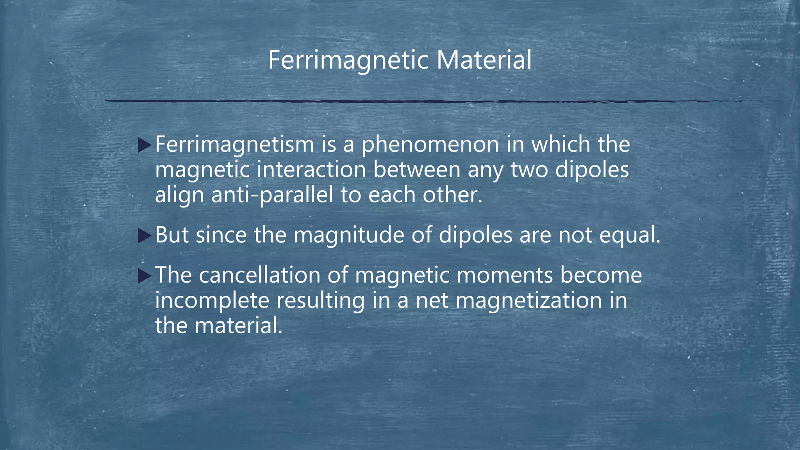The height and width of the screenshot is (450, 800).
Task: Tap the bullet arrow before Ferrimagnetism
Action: [x=144, y=145]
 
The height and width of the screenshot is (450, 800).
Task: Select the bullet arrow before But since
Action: [x=144, y=236]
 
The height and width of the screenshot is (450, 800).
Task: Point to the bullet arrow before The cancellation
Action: [x=144, y=276]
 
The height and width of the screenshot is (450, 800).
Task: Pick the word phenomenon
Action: [x=430, y=145]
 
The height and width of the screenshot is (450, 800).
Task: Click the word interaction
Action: [x=311, y=170]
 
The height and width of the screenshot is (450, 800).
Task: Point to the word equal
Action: [x=629, y=236]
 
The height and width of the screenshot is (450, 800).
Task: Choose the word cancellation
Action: [x=259, y=275]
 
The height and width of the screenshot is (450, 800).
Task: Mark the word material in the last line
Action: [x=238, y=326]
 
